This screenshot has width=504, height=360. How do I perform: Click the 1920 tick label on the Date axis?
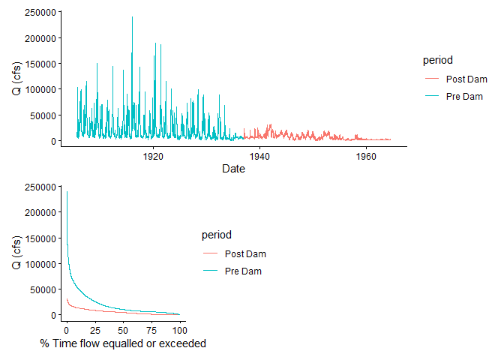click(x=153, y=156)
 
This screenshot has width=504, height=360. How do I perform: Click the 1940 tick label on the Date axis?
click(x=259, y=156)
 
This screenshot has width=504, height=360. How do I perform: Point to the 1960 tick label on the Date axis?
click(x=366, y=156)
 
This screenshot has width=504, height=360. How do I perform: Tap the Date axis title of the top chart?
click(x=233, y=169)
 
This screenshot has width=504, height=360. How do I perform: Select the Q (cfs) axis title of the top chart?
click(x=16, y=78)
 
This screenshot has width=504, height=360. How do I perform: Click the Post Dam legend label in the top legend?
click(x=466, y=79)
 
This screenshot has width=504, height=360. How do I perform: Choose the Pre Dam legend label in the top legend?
click(x=464, y=96)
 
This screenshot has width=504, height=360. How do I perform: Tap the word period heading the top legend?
click(x=436, y=60)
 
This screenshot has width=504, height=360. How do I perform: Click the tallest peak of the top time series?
click(x=132, y=17)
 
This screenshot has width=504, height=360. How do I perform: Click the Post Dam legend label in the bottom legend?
click(x=245, y=254)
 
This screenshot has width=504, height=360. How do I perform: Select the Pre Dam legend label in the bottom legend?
click(x=243, y=271)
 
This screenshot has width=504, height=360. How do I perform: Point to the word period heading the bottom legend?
click(x=216, y=235)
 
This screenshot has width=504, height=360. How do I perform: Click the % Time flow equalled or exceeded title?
click(x=123, y=343)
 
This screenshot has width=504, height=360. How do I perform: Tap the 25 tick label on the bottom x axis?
click(x=95, y=330)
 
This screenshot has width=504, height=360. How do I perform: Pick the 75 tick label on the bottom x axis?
click(x=151, y=330)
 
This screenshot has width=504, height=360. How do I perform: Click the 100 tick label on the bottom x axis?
click(x=179, y=330)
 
